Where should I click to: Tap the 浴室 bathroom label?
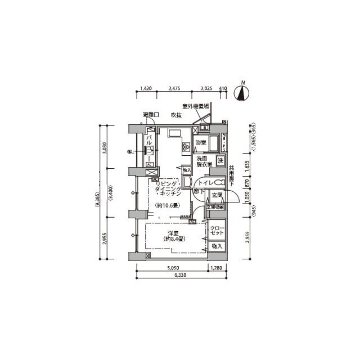[x=200, y=143]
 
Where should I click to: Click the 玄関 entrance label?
[x=217, y=196]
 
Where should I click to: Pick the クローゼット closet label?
[x=217, y=231]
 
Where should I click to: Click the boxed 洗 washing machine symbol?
[x=220, y=162]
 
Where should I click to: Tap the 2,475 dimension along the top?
[x=174, y=89]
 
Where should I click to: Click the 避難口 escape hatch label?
[x=151, y=115]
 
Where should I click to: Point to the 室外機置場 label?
[x=195, y=106]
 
